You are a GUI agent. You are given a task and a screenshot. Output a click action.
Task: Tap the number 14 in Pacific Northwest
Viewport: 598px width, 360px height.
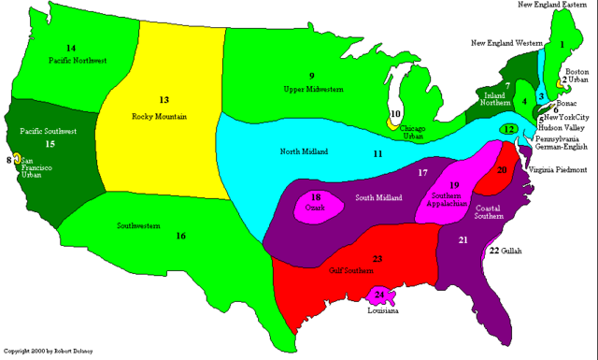click(x=70, y=48)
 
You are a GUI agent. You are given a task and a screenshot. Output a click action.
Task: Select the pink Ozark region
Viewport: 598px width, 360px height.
click(x=317, y=204)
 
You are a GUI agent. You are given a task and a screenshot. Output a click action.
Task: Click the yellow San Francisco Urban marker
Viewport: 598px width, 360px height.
click(x=16, y=162)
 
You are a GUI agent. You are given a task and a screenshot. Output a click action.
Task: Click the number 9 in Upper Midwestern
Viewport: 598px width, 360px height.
click(x=312, y=75)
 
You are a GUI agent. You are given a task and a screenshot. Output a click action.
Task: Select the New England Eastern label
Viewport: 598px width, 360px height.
click(x=555, y=5)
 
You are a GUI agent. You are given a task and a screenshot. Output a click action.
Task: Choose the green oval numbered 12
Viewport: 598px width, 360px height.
click(x=508, y=129)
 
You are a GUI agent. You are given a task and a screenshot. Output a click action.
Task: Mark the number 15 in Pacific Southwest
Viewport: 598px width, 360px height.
click(x=50, y=145)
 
